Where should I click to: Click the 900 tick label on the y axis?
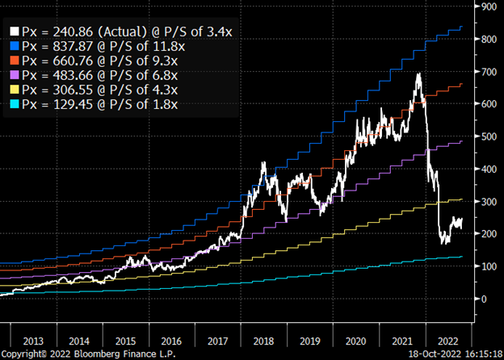(x=486, y=6)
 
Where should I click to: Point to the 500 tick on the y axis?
(x=486, y=136)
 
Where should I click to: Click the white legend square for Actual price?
(x=15, y=31)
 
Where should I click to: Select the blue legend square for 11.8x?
(x=15, y=46)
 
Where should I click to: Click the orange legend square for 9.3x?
(x=15, y=61)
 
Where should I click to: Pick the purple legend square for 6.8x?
(x=15, y=75)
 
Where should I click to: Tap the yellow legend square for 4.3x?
(x=15, y=90)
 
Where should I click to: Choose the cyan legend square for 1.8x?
(x=15, y=104)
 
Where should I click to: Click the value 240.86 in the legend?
(x=67, y=31)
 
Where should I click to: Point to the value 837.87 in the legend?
(x=67, y=46)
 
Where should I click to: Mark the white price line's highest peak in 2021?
(x=418, y=74)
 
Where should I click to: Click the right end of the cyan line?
(x=462, y=257)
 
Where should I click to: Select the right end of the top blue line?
(x=462, y=27)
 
